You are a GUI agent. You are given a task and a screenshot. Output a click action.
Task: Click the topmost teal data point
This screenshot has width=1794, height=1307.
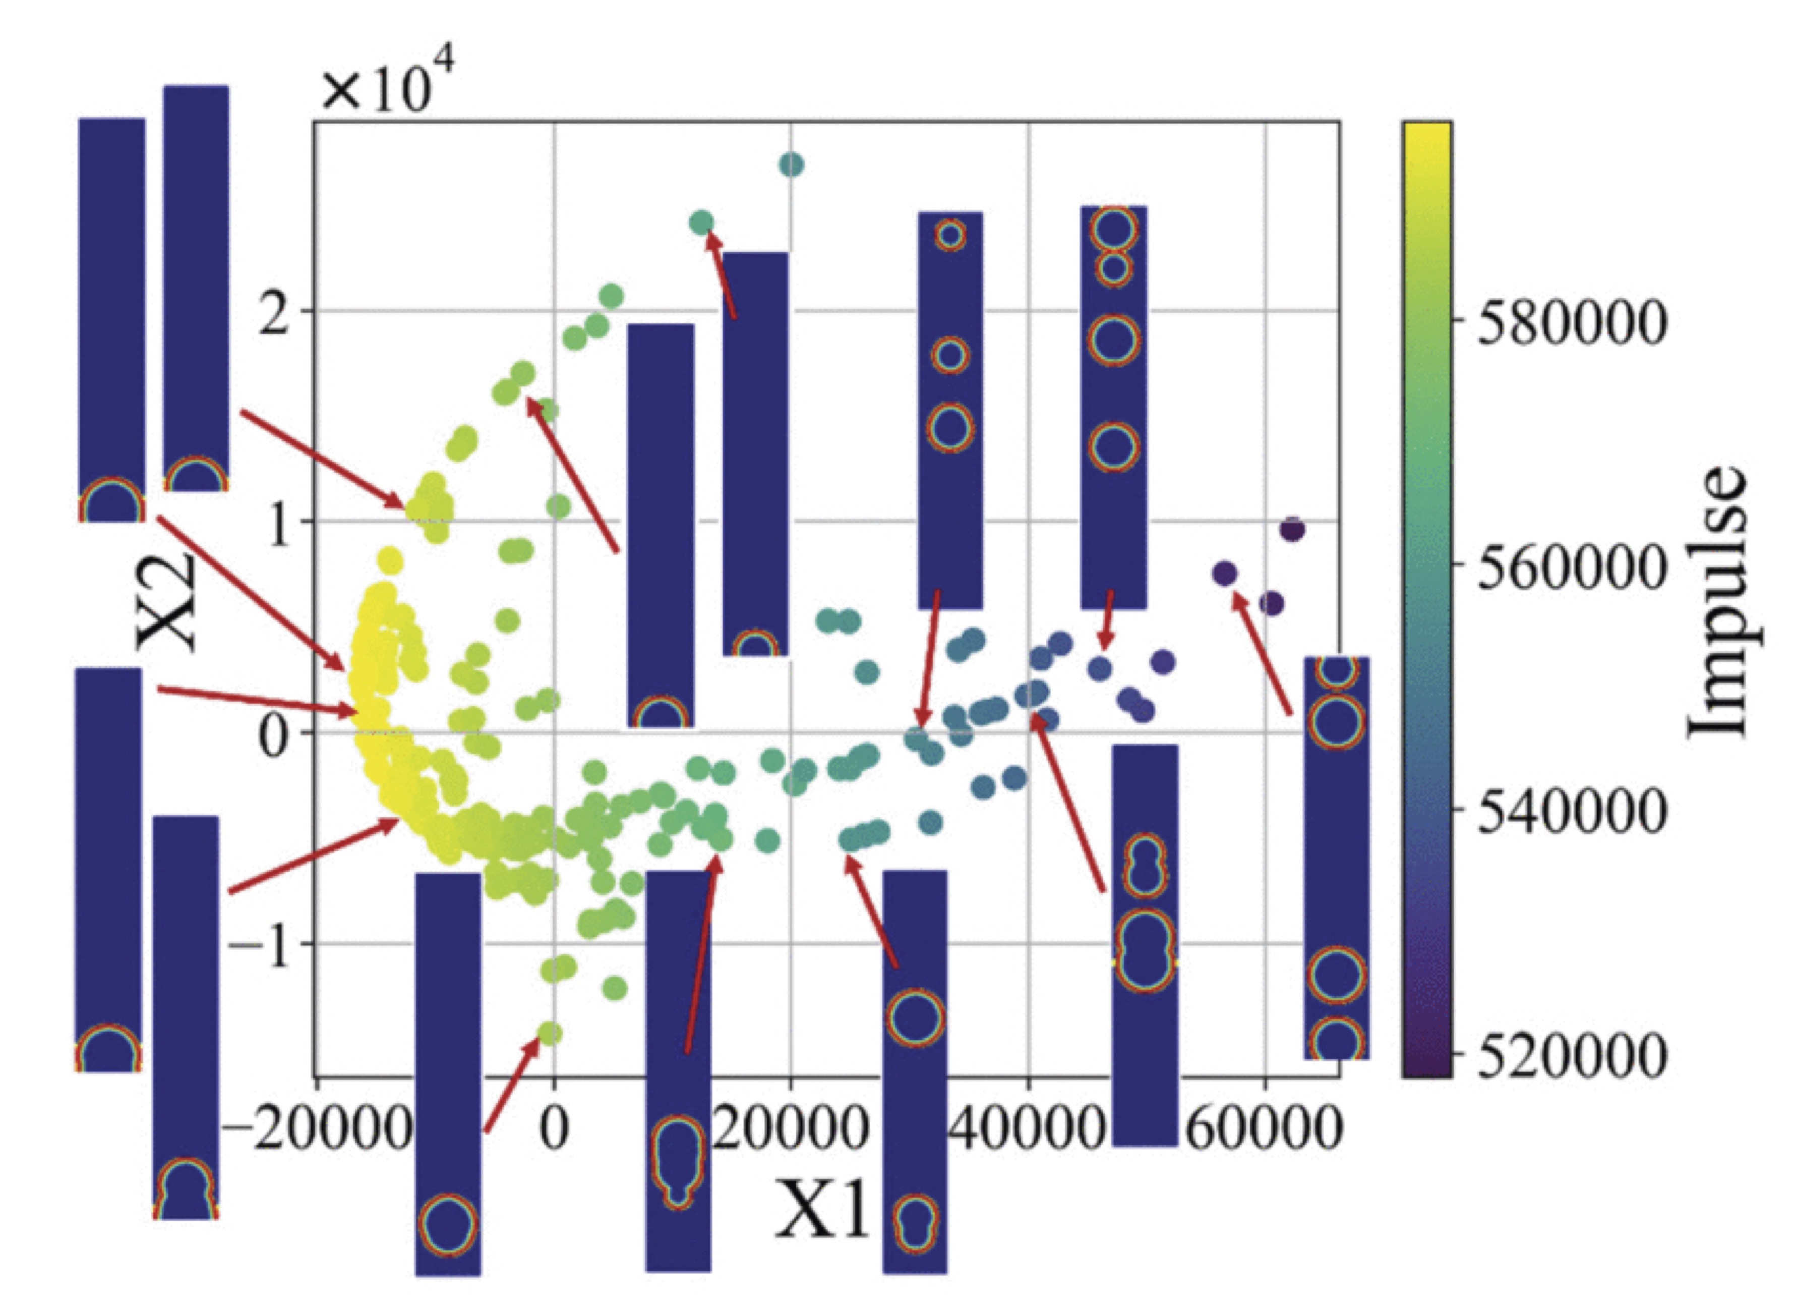(792, 164)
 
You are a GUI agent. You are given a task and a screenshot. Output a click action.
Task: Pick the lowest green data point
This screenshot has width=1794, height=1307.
(551, 1033)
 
